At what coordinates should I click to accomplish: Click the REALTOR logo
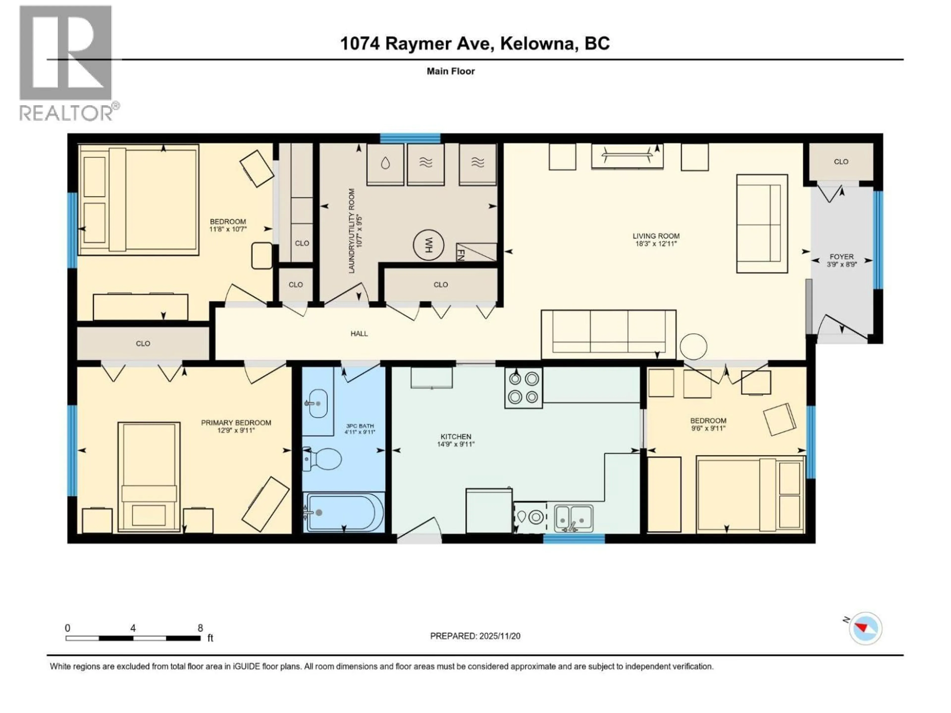pyautogui.click(x=67, y=62)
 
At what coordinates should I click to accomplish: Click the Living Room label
pyautogui.click(x=656, y=236)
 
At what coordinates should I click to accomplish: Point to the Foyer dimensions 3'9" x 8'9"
pyautogui.click(x=841, y=265)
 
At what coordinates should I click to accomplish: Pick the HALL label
pyautogui.click(x=359, y=333)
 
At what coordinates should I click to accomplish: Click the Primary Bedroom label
pyautogui.click(x=236, y=422)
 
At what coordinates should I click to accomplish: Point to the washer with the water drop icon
pyautogui.click(x=385, y=164)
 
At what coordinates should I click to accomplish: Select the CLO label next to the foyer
pyautogui.click(x=841, y=162)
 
